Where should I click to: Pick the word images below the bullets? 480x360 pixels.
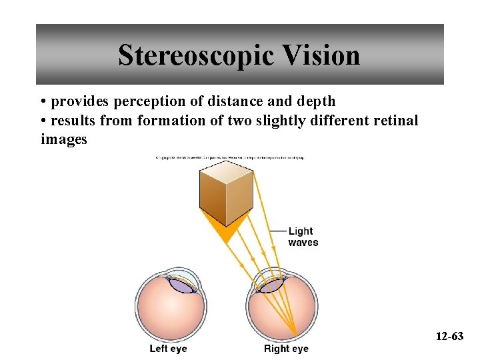click(x=63, y=139)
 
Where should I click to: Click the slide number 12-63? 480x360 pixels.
click(x=449, y=336)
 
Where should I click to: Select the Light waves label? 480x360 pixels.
click(x=303, y=237)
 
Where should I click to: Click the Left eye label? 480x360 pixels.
click(x=168, y=349)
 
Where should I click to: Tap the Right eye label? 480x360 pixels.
click(x=286, y=349)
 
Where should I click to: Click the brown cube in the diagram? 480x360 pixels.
click(x=226, y=189)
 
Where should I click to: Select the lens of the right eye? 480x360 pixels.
click(x=271, y=285)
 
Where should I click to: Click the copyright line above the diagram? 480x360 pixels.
click(x=229, y=159)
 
